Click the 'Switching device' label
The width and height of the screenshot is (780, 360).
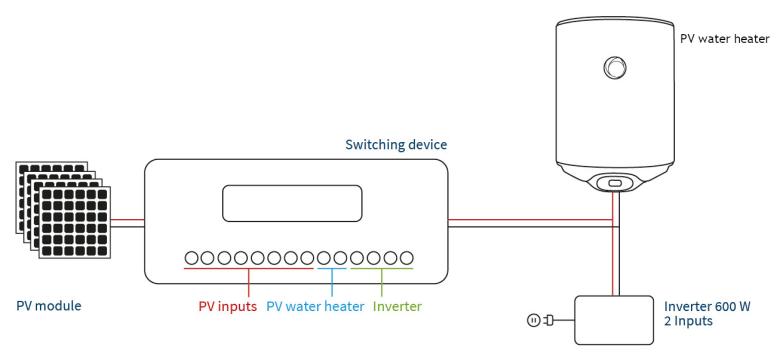click(x=396, y=145)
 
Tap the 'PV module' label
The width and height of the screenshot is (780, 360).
click(x=49, y=305)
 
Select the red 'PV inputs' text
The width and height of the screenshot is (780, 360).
click(x=227, y=306)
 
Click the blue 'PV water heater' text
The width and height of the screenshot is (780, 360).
click(x=315, y=306)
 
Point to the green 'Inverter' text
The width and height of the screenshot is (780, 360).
click(x=397, y=306)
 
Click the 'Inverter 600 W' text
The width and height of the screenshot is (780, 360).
click(x=707, y=306)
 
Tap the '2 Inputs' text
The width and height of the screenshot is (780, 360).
click(x=688, y=321)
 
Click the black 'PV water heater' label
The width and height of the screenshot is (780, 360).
click(x=725, y=39)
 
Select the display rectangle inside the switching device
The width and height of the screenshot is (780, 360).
click(x=292, y=203)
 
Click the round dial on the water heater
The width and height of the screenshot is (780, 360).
click(x=615, y=67)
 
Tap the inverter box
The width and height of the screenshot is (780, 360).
click(x=614, y=320)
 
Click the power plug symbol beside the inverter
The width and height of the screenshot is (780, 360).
click(x=550, y=321)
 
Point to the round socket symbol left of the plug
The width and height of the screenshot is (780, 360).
click(x=533, y=321)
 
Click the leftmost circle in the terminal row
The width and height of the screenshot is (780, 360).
click(x=192, y=258)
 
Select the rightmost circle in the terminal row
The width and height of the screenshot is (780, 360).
click(x=407, y=258)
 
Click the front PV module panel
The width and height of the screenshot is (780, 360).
click(x=75, y=222)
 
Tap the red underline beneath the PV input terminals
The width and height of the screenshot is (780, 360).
click(x=249, y=269)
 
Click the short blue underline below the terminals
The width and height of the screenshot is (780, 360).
click(x=332, y=269)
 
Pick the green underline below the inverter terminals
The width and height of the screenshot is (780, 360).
click(x=382, y=269)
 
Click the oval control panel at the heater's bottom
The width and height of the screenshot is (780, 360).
click(x=615, y=183)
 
